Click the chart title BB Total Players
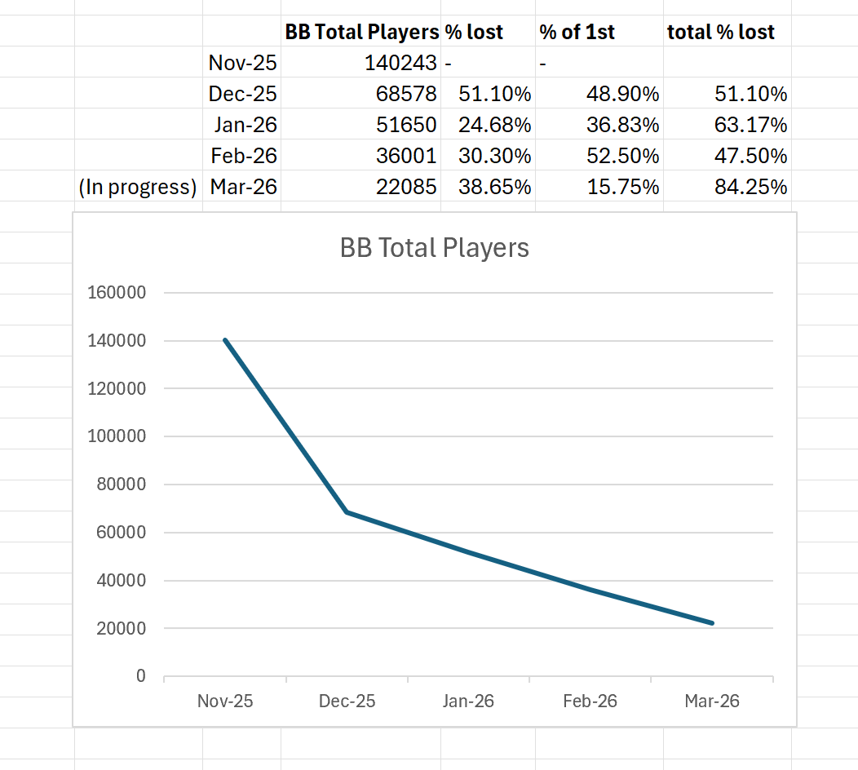pyautogui.click(x=434, y=248)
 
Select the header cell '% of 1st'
pyautogui.click(x=577, y=32)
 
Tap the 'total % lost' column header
pyautogui.click(x=720, y=32)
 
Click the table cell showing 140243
pyautogui.click(x=400, y=63)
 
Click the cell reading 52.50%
pyautogui.click(x=622, y=156)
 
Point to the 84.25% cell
pyautogui.click(x=750, y=187)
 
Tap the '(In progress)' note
pyautogui.click(x=138, y=187)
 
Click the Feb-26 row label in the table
pyautogui.click(x=243, y=156)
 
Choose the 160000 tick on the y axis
pyautogui.click(x=116, y=293)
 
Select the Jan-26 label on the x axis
pyautogui.click(x=468, y=701)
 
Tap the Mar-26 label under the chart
pyautogui.click(x=711, y=701)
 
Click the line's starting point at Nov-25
pyautogui.click(x=225, y=340)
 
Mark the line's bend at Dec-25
pyautogui.click(x=347, y=512)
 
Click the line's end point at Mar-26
pyautogui.click(x=712, y=623)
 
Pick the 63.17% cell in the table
pyautogui.click(x=750, y=125)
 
